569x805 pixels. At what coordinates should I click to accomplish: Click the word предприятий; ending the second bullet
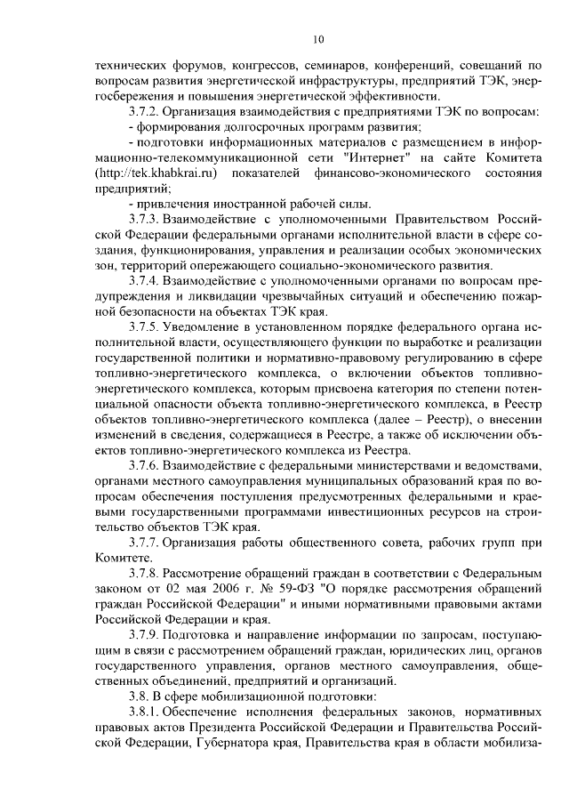point(132,188)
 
